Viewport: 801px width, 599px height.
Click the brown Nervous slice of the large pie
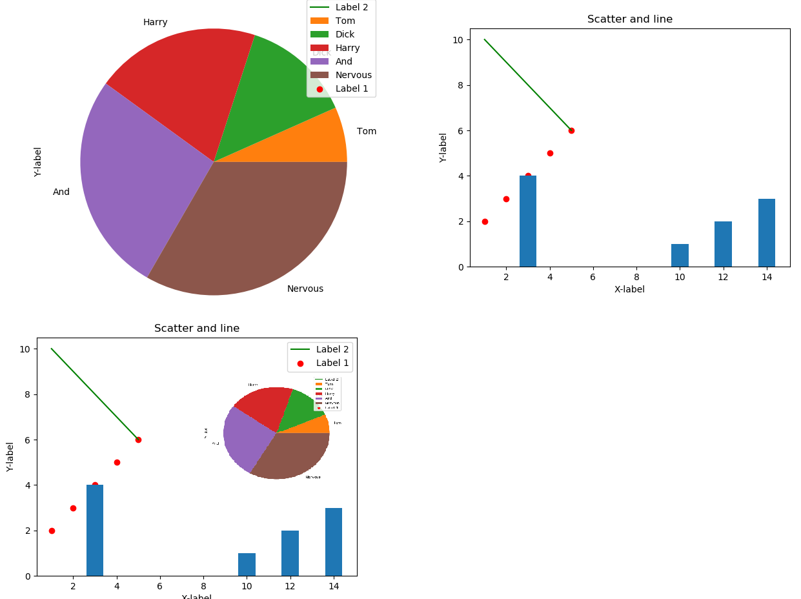pos(252,232)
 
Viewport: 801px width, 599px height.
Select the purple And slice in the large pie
pos(129,181)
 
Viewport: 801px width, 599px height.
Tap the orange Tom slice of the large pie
pos(316,145)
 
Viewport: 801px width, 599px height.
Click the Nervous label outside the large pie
pos(305,289)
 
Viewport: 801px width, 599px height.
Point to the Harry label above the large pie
pos(155,22)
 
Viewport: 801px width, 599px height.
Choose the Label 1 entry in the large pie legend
pos(351,88)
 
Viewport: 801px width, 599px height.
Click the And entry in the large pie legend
pos(343,61)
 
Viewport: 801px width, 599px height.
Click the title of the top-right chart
pos(629,19)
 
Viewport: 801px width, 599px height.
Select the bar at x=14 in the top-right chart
pos(766,232)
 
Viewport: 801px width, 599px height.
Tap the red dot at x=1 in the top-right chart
pos(485,221)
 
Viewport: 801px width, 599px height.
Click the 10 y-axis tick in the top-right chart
pos(458,39)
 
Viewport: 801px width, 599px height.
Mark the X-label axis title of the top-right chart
pos(629,289)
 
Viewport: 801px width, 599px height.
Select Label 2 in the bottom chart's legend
pos(332,349)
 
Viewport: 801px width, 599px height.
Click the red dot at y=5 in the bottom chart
pos(117,462)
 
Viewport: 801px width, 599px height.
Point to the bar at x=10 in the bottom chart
pos(247,564)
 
